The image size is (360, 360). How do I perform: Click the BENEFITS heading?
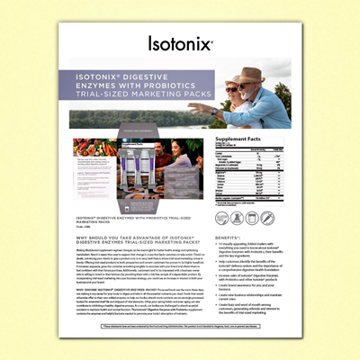(229, 235)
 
